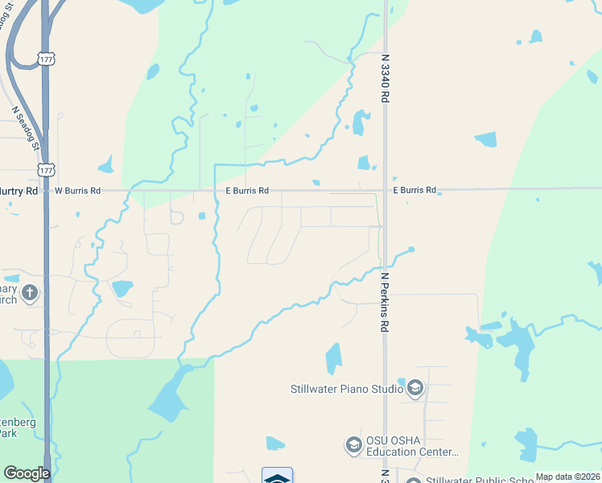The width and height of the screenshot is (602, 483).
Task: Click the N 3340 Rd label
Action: click(x=386, y=79)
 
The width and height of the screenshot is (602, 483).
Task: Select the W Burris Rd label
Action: click(x=77, y=191)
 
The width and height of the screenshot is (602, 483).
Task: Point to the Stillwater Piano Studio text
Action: click(x=347, y=390)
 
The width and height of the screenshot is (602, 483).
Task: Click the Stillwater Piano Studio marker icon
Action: click(x=415, y=390)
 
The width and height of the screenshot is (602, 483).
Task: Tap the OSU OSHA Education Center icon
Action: click(x=353, y=444)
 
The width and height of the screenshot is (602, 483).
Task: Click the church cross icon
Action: click(x=31, y=291)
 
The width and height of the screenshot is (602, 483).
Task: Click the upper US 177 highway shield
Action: click(x=46, y=60)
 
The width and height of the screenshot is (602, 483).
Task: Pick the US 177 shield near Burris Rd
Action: click(x=46, y=169)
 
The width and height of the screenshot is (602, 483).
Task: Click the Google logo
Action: click(x=26, y=473)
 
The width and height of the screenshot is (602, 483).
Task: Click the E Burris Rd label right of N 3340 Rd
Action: click(x=414, y=191)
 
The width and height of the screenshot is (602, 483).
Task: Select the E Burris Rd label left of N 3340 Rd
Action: click(x=247, y=191)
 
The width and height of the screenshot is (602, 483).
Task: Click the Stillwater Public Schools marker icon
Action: click(x=414, y=481)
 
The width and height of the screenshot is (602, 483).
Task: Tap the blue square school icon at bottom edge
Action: click(x=277, y=476)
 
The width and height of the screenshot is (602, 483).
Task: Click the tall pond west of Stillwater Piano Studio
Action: click(x=333, y=359)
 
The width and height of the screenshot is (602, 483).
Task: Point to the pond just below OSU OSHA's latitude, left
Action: click(x=275, y=444)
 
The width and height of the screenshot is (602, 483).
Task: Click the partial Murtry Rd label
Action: click(x=19, y=191)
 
